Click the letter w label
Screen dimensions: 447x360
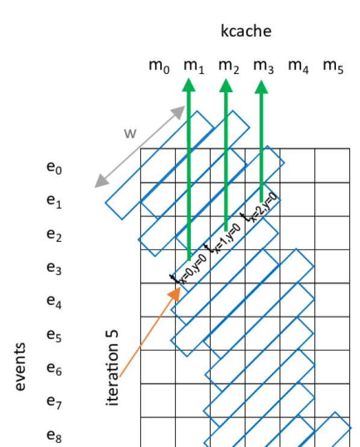click(x=130, y=134)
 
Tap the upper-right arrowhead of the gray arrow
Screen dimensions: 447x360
click(x=181, y=110)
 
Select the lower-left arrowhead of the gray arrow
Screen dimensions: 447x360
click(x=100, y=184)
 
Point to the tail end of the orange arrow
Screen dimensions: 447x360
click(x=120, y=377)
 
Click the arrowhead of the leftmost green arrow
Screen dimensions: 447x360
click(x=189, y=85)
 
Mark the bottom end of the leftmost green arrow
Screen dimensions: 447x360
click(x=189, y=260)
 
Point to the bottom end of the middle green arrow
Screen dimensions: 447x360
click(x=226, y=231)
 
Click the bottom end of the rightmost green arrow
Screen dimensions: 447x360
click(x=261, y=202)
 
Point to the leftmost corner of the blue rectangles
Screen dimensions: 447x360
click(x=105, y=202)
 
